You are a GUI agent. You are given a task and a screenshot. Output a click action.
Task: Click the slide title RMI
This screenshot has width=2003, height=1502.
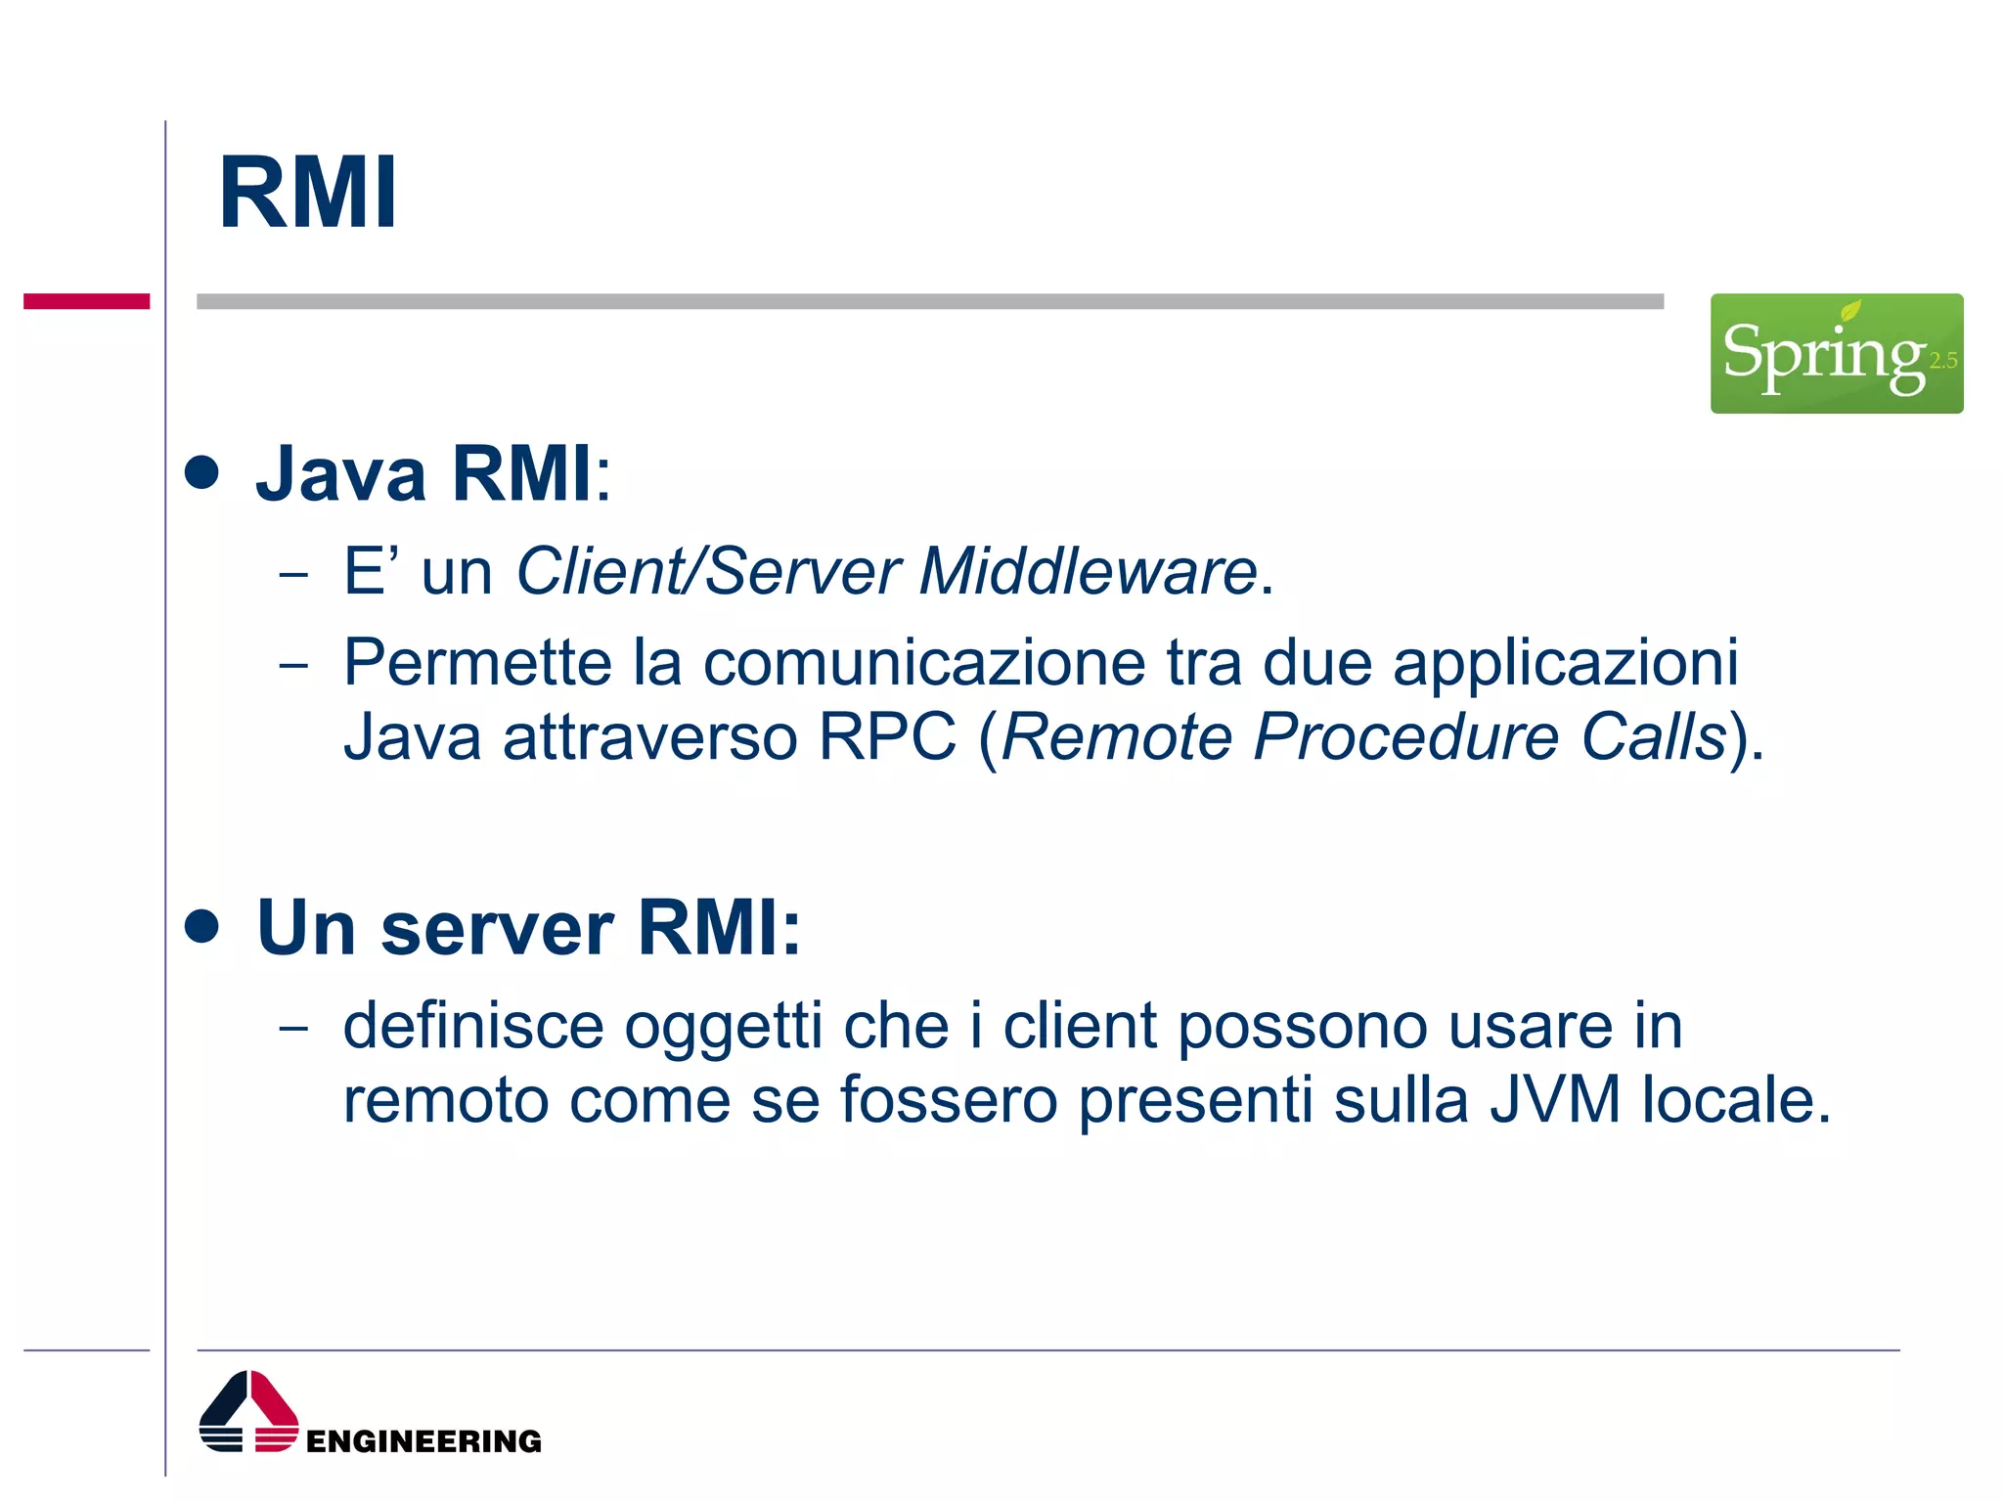tap(308, 194)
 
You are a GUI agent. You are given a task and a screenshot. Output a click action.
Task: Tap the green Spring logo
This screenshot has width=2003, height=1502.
tap(1836, 353)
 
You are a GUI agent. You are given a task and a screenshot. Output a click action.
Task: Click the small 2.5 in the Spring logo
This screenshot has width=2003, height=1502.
tap(1942, 361)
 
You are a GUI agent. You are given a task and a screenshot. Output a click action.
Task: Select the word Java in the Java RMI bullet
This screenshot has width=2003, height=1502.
tap(340, 474)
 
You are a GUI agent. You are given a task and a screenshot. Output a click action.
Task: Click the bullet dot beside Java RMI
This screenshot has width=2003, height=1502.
tap(202, 473)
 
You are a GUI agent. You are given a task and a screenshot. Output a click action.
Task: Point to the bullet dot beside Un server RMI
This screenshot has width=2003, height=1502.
tap(202, 926)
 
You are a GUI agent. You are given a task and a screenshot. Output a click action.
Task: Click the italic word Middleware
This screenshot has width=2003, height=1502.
tap(1088, 571)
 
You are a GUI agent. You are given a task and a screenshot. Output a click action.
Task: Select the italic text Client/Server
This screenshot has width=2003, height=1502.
tap(708, 571)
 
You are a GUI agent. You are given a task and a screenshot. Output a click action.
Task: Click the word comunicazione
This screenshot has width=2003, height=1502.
tap(924, 663)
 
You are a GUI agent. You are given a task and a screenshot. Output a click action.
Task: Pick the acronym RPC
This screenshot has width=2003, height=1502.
tap(887, 736)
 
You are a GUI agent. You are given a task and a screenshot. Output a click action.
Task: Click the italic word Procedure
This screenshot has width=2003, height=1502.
tap(1405, 736)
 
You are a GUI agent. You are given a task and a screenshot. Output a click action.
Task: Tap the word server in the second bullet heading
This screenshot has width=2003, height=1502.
tap(497, 928)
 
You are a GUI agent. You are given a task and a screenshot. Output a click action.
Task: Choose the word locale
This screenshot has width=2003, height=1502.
tap(1735, 1100)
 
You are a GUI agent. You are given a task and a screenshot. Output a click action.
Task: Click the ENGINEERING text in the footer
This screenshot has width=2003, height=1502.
tap(423, 1441)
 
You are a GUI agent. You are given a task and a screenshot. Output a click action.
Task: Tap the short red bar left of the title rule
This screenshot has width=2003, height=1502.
tap(86, 301)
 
